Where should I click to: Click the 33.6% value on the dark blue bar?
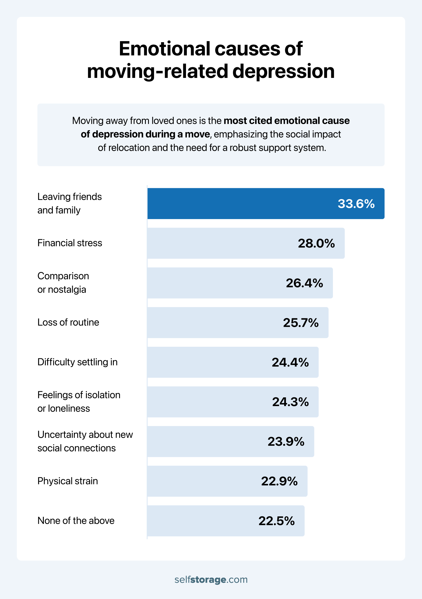[x=356, y=204]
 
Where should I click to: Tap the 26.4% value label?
[x=304, y=283]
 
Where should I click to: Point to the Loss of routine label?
[x=68, y=322]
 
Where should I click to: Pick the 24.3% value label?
[x=290, y=402]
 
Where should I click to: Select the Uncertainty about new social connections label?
[x=85, y=441]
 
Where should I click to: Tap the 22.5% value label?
[x=276, y=521]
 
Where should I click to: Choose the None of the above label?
[x=76, y=521]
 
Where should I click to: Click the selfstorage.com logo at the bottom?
[x=211, y=580]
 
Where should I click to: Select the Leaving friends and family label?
[x=69, y=203]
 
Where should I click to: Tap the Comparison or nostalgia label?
[x=63, y=283]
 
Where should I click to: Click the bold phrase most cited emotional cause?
[x=287, y=121]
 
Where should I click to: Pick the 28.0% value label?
[x=316, y=243]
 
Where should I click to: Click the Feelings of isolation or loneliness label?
[x=79, y=402]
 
